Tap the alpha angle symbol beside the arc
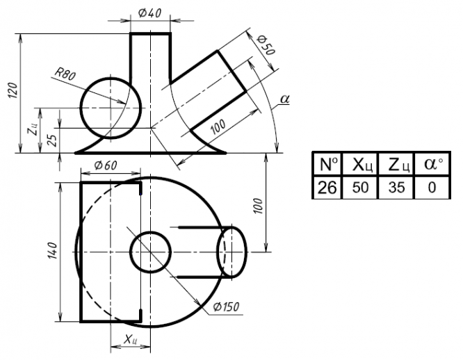coord(284,99)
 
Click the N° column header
coord(326,165)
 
